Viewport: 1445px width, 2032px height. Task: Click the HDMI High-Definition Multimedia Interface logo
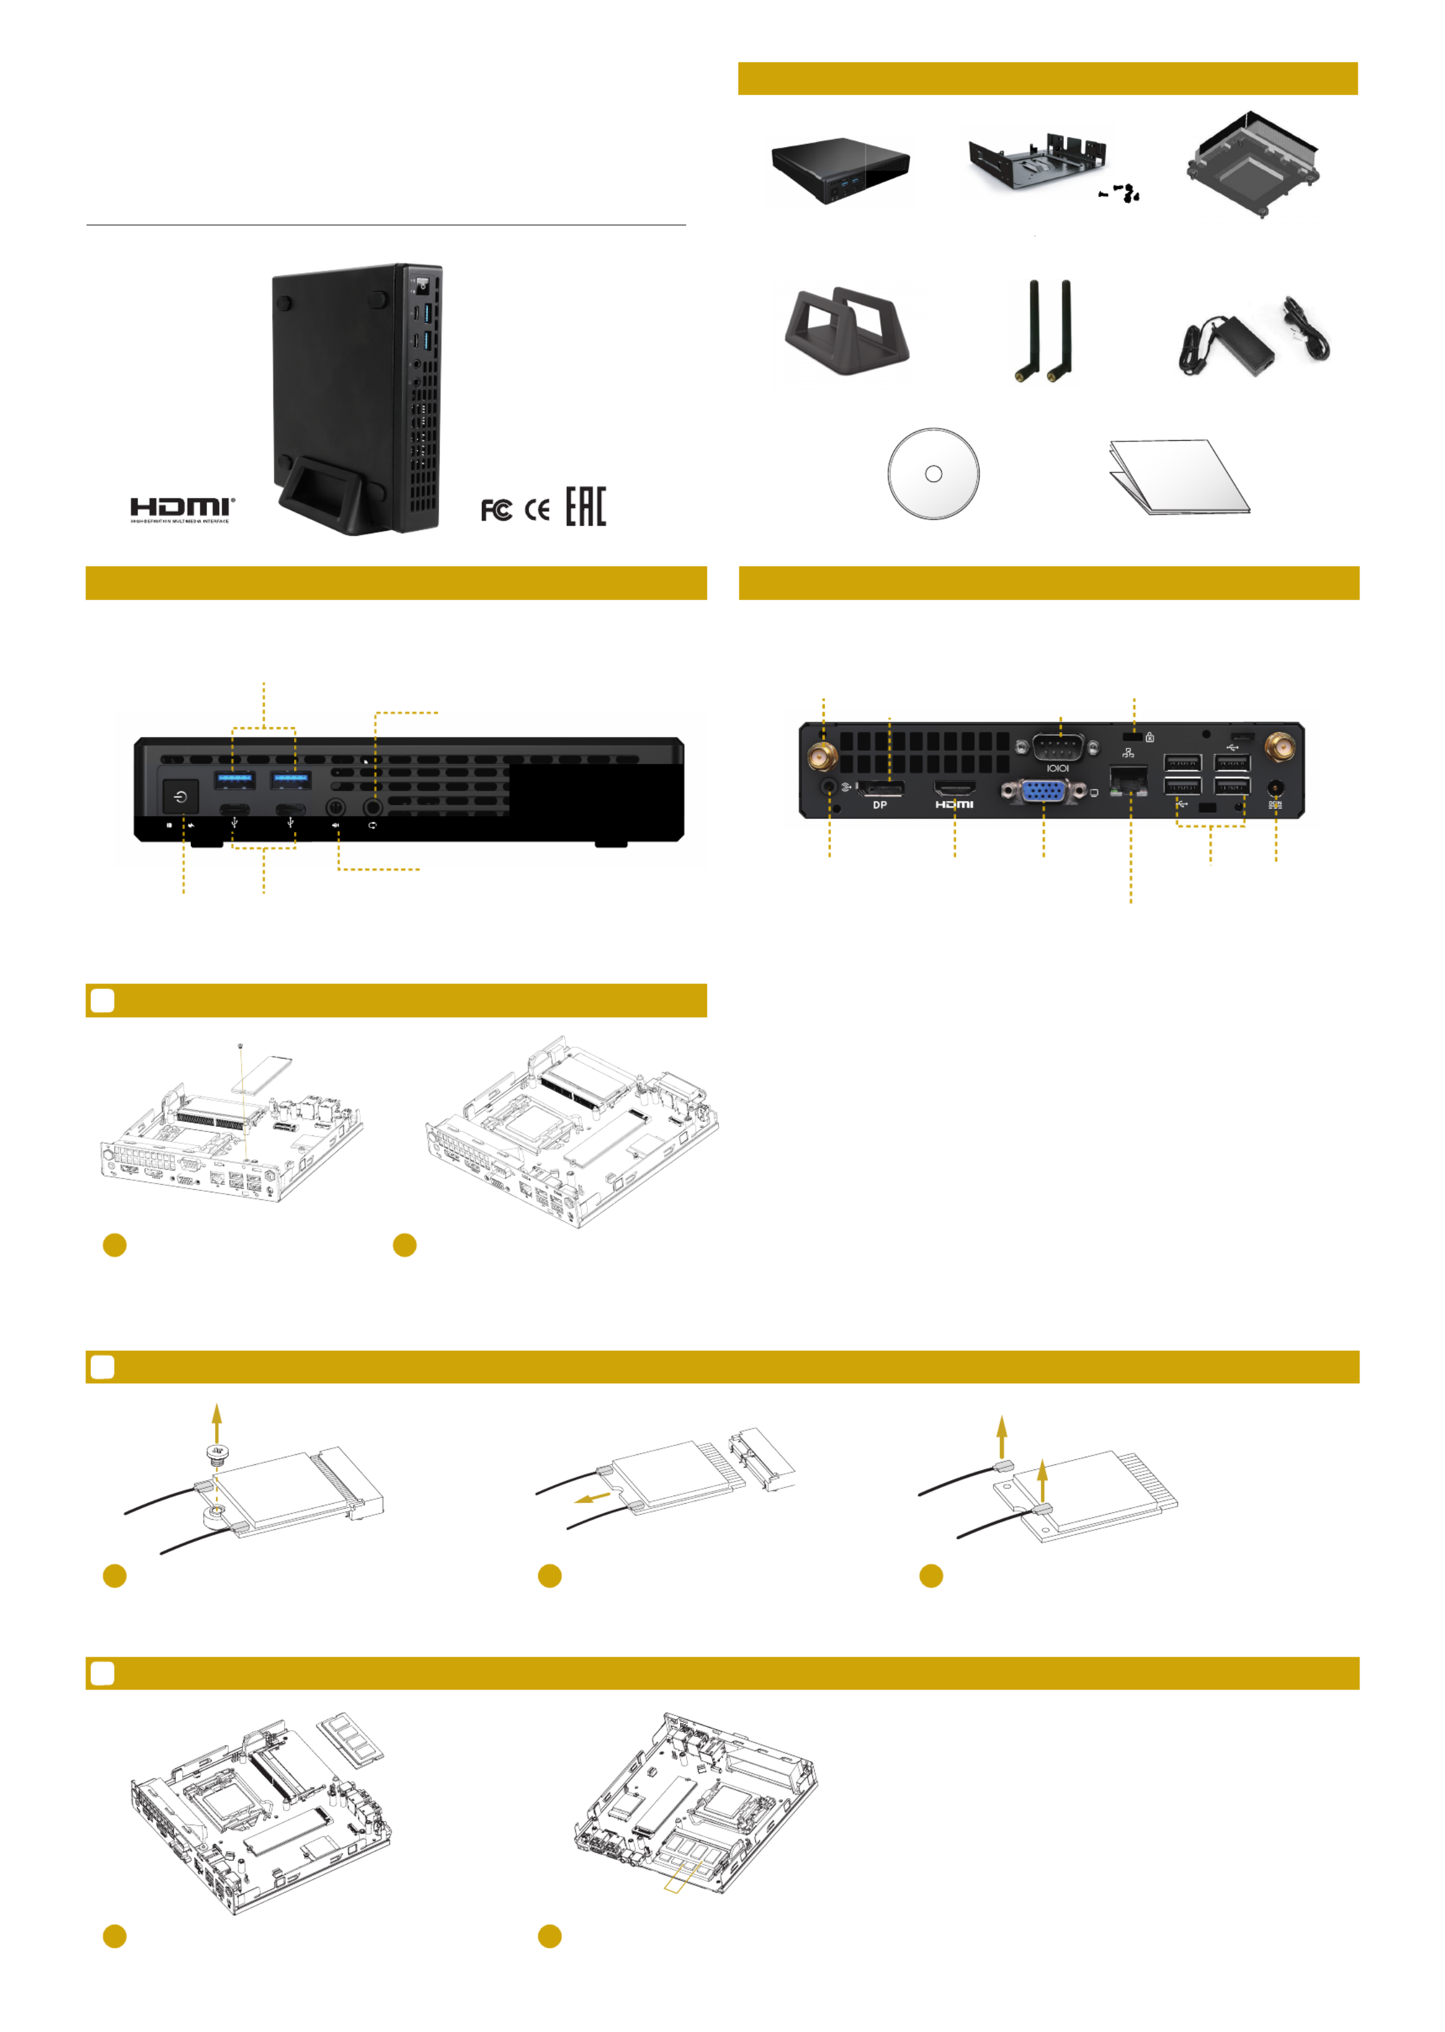point(183,509)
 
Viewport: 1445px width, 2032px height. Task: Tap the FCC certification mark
point(496,510)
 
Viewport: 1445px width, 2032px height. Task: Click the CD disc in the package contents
point(933,474)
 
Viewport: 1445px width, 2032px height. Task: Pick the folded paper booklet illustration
point(1179,477)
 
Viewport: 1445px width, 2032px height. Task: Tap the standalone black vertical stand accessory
point(846,333)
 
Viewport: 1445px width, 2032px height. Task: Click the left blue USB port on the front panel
point(235,779)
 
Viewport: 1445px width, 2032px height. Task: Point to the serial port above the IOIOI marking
point(1058,746)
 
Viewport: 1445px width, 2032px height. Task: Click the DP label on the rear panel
point(880,805)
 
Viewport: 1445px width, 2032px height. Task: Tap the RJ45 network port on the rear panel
point(1128,781)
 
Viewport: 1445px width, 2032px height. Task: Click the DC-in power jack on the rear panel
point(1275,788)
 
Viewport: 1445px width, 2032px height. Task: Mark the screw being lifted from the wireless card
point(216,1454)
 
